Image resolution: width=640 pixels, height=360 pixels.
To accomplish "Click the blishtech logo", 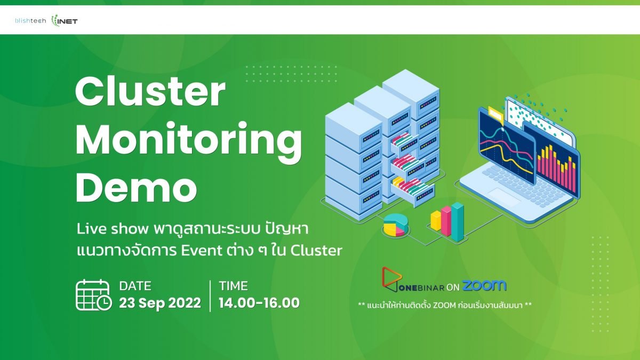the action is pos(30,21).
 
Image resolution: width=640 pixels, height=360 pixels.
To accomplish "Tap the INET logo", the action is pos(65,21).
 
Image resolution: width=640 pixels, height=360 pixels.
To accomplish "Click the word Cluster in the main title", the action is pos(150,92).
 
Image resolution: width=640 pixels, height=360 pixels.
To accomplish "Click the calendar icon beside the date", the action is pos(93,295).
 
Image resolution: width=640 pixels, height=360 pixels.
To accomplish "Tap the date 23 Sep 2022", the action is pos(160,303).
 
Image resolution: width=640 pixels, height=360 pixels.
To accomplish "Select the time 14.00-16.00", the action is pos(259,303).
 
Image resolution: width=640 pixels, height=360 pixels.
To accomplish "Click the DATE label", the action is pos(135,286).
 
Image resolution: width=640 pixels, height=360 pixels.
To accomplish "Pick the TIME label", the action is pos(234,286).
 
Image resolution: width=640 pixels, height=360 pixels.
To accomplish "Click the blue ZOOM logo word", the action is pos(484,285).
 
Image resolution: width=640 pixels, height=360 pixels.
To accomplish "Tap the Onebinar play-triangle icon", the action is pos(392,279).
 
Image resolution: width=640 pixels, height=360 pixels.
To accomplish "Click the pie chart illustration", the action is pos(396,225).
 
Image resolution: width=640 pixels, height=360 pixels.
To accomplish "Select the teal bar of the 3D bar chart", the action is pos(458,221).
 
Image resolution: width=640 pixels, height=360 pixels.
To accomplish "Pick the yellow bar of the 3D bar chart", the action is pos(436,220).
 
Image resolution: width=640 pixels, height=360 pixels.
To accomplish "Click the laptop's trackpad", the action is pos(505,197).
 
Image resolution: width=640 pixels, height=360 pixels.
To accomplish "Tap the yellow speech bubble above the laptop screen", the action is pos(496,115).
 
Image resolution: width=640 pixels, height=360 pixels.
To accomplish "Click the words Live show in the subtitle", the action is pos(113,229).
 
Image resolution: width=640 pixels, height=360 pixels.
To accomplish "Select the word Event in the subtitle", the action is pos(202,251).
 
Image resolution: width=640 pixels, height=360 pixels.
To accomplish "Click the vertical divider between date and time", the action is pos(210,295).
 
